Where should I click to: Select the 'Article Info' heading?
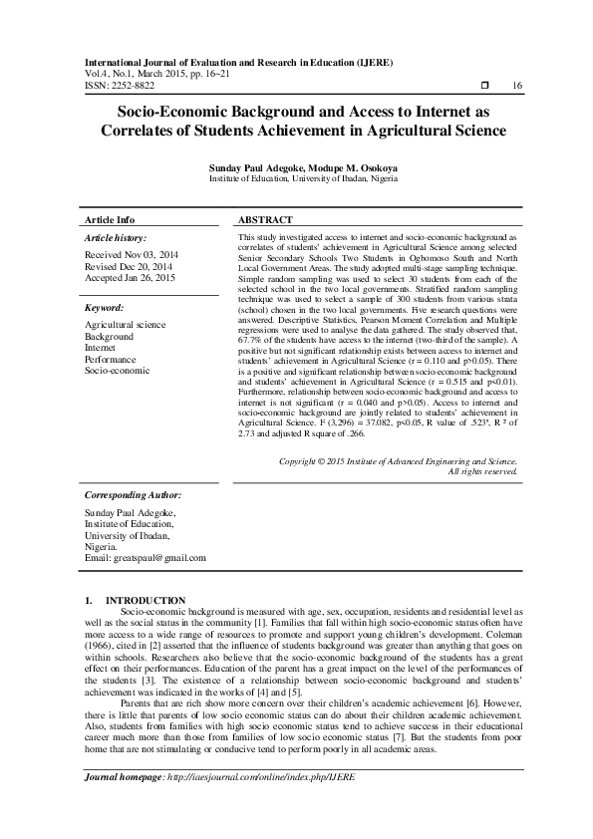pyautogui.click(x=110, y=219)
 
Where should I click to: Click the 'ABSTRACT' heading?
pyautogui.click(x=265, y=219)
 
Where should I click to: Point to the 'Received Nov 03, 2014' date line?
pyautogui.click(x=127, y=255)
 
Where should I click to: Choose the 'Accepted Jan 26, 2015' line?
pyautogui.click(x=129, y=279)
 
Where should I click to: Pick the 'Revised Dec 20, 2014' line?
pyautogui.click(x=127, y=267)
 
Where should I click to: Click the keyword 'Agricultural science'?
pyautogui.click(x=125, y=325)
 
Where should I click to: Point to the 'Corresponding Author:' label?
pyautogui.click(x=133, y=494)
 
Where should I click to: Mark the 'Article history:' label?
pyautogui.click(x=116, y=238)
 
